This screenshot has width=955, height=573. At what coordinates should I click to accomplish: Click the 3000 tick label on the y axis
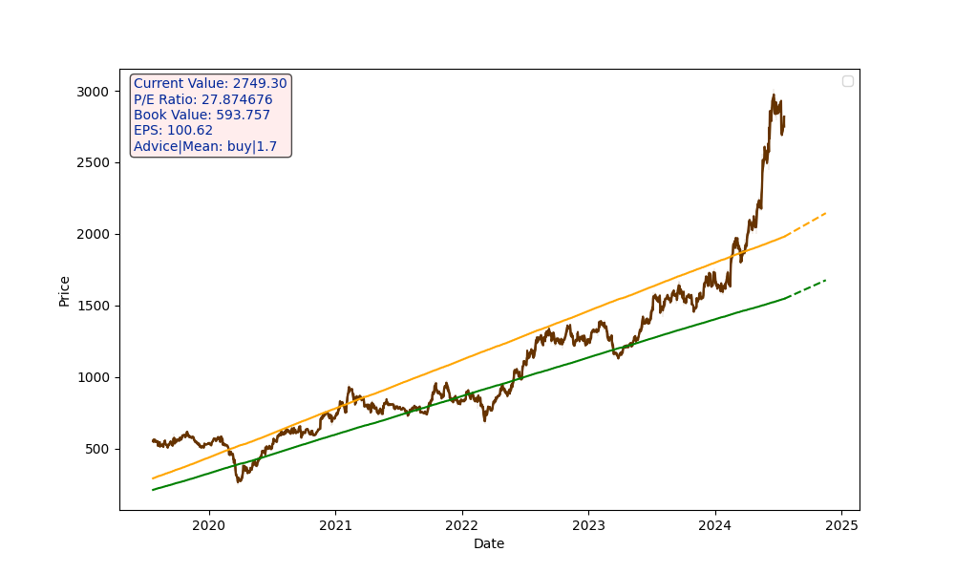point(95,92)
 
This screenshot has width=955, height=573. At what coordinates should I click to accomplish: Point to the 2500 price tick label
point(95,163)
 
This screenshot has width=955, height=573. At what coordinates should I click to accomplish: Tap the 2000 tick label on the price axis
point(95,235)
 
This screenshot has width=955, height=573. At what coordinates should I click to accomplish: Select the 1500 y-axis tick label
point(95,307)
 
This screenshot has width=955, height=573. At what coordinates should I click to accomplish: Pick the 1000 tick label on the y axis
point(95,378)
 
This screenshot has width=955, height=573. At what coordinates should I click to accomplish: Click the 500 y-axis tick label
point(98,450)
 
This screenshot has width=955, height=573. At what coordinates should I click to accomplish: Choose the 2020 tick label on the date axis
point(208,525)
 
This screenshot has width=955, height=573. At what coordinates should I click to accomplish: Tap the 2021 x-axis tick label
point(335,525)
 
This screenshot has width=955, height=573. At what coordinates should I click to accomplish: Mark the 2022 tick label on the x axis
point(461,525)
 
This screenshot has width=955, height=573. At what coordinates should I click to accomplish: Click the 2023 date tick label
point(588,525)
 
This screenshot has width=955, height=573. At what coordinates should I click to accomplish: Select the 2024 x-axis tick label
point(714,525)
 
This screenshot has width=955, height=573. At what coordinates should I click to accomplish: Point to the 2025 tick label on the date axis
point(841,525)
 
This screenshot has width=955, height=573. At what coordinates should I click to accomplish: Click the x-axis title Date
point(489,544)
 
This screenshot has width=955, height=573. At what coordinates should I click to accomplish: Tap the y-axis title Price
point(65,290)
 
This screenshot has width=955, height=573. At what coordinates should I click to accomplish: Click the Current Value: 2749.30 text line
point(210,84)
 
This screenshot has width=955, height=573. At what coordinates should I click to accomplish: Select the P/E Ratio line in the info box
point(202,99)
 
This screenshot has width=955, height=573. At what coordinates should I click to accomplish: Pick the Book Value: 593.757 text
point(202,116)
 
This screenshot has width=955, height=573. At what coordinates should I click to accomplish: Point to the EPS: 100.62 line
point(174,131)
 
